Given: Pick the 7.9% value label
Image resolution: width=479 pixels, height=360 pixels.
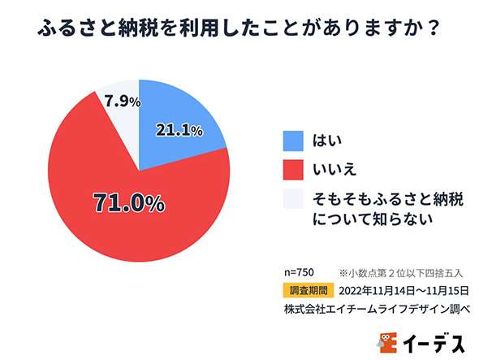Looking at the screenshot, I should tap(123, 102).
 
